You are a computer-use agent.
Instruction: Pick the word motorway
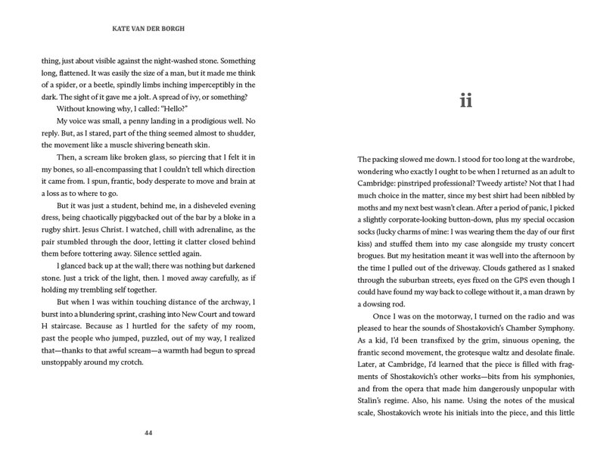click(439, 329)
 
